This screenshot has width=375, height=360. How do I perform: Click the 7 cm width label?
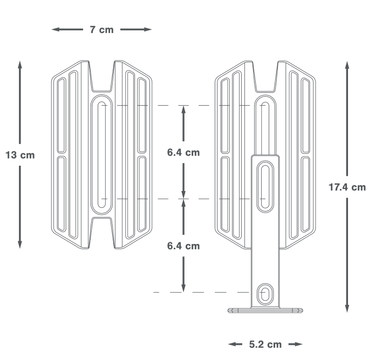click(101, 30)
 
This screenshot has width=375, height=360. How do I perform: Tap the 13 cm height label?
click(19, 155)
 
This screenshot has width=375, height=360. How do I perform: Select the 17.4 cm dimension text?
click(347, 187)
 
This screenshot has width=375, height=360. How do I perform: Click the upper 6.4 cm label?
click(183, 152)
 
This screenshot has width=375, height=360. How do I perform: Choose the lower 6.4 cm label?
click(183, 246)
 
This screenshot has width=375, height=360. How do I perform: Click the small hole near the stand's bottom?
click(264, 293)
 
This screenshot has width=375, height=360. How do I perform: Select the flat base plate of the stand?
click(264, 310)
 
